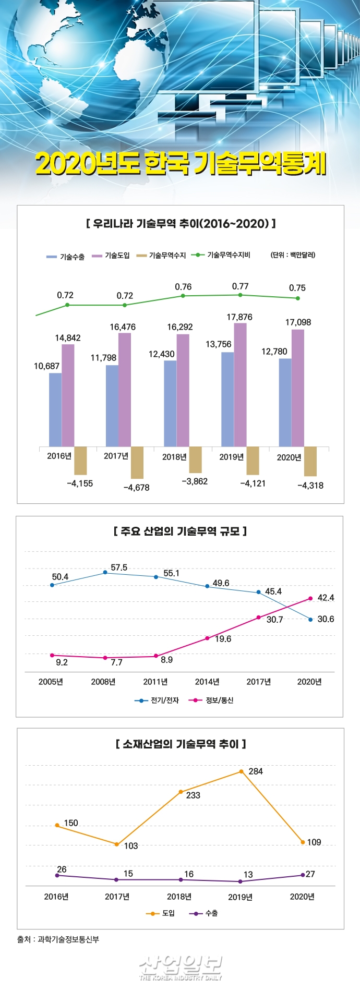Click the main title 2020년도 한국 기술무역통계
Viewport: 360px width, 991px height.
click(x=181, y=164)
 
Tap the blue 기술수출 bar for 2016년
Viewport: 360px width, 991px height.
click(x=55, y=409)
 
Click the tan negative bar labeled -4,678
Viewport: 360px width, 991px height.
click(x=137, y=462)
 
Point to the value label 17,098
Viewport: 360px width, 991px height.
click(x=298, y=322)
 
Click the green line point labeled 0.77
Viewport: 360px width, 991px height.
click(x=240, y=295)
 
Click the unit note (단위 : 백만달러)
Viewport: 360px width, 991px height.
click(x=293, y=255)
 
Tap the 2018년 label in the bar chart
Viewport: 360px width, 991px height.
click(x=174, y=457)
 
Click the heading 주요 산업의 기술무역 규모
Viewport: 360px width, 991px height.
click(x=180, y=531)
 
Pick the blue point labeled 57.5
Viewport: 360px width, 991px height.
click(x=105, y=572)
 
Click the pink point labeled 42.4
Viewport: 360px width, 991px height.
click(x=310, y=598)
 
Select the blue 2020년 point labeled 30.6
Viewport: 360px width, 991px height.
click(x=310, y=620)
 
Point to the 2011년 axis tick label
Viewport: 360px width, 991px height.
click(x=155, y=682)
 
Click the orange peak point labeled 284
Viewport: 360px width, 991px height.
click(x=242, y=771)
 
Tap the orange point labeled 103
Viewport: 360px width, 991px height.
click(x=116, y=844)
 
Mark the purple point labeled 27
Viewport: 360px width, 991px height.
click(x=303, y=875)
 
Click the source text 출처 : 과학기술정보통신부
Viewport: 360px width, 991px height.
click(x=58, y=939)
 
